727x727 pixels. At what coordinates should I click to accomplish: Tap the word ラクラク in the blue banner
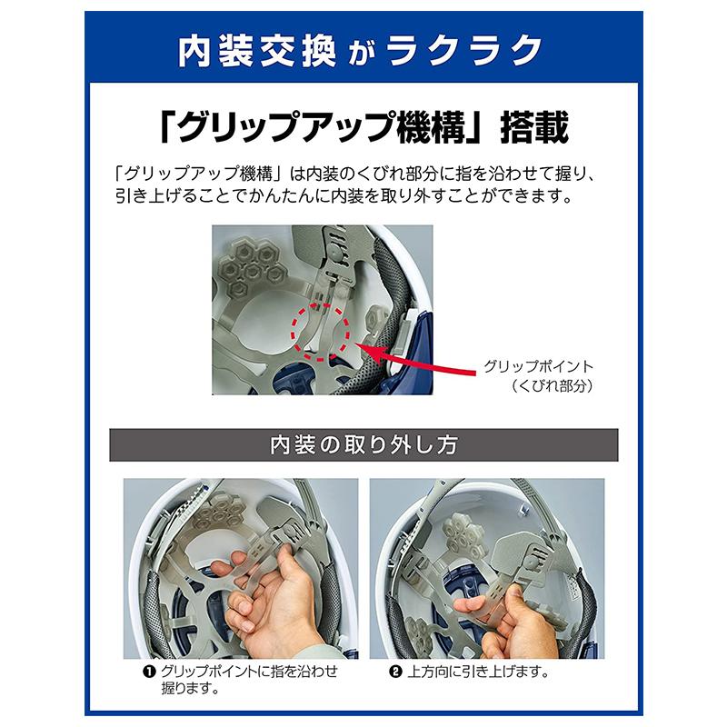pyautogui.click(x=470, y=52)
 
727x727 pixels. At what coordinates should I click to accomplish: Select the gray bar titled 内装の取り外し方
pyautogui.click(x=363, y=445)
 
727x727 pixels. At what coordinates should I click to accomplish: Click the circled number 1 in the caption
pyautogui.click(x=145, y=672)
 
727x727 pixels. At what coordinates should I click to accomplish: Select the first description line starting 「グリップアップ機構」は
pyautogui.click(x=361, y=174)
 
